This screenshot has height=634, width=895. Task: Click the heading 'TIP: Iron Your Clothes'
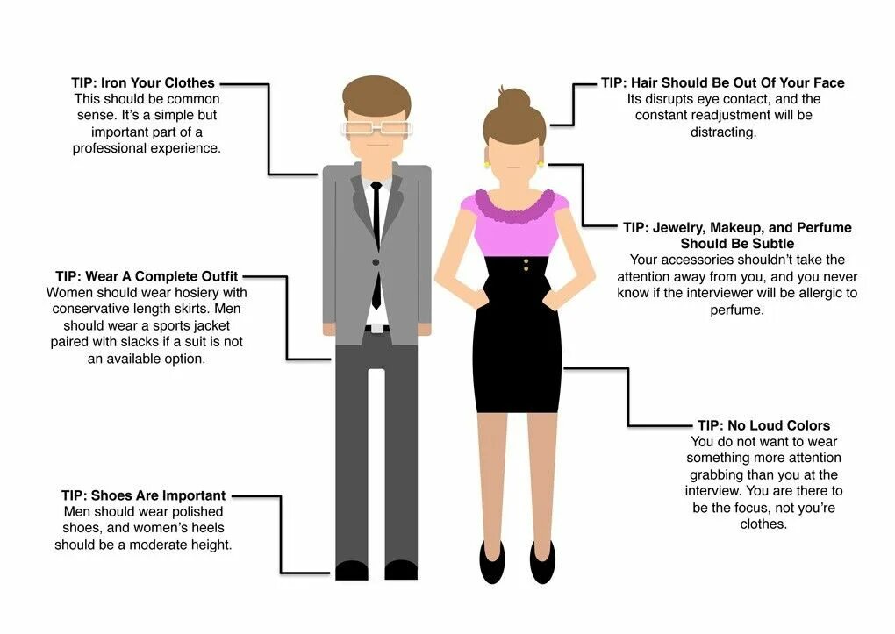tap(143, 83)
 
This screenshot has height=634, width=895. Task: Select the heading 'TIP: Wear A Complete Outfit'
tap(147, 276)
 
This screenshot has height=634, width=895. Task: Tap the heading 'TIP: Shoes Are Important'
tap(144, 495)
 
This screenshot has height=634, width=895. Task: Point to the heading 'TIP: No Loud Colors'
tap(763, 425)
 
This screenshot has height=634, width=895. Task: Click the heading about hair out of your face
tap(722, 82)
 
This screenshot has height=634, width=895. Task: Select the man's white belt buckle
tap(376, 329)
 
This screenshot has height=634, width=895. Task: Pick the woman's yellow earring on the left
tap(485, 163)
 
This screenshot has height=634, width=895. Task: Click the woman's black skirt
tap(517, 351)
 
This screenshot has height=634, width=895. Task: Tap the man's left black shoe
tap(351, 570)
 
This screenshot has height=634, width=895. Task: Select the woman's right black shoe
tap(542, 561)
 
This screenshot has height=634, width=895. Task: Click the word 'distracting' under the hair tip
tap(723, 132)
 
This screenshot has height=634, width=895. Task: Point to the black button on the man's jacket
tap(376, 262)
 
